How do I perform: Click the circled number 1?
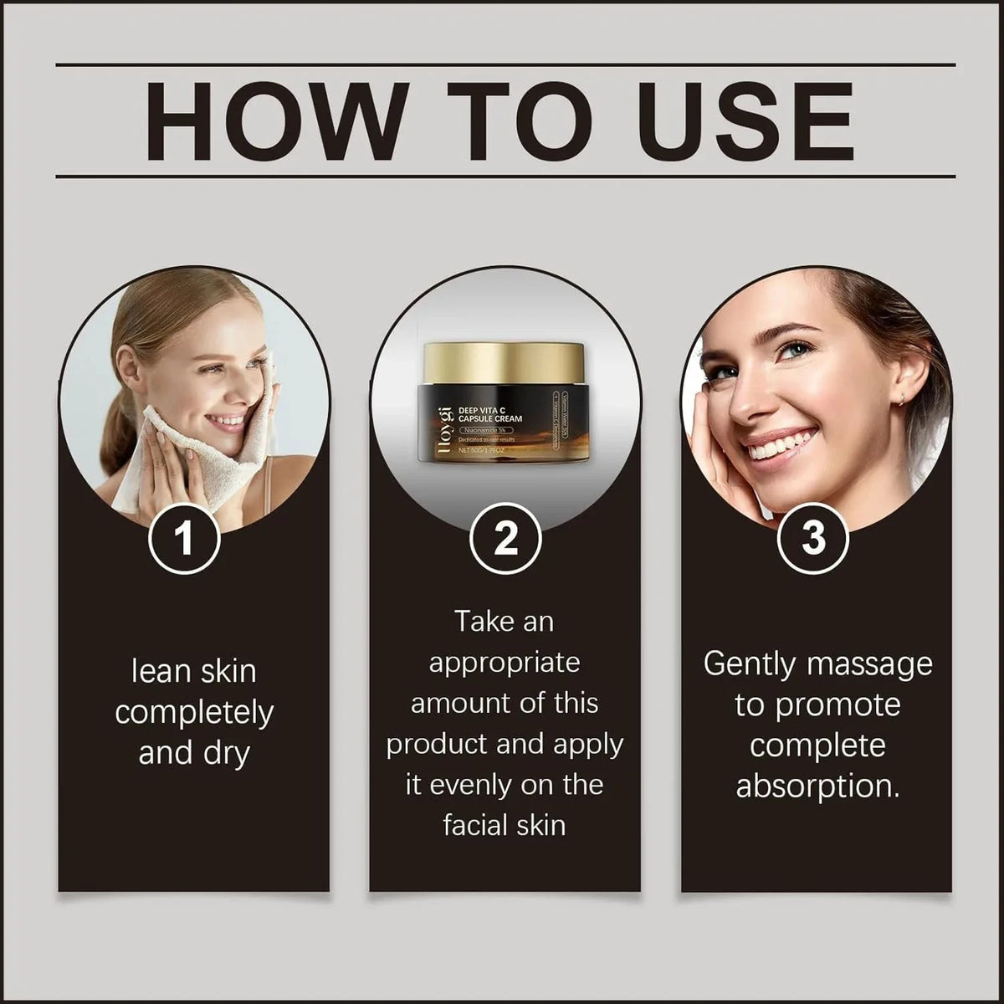[184, 538]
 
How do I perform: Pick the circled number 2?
[505, 538]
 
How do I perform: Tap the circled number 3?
[813, 538]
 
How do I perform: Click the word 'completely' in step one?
[194, 712]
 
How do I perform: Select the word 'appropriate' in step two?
[505, 662]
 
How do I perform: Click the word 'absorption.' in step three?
[817, 786]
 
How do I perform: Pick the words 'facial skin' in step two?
[505, 825]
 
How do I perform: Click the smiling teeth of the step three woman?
[771, 446]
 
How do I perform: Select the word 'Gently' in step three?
[747, 663]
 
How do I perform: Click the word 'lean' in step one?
[160, 671]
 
